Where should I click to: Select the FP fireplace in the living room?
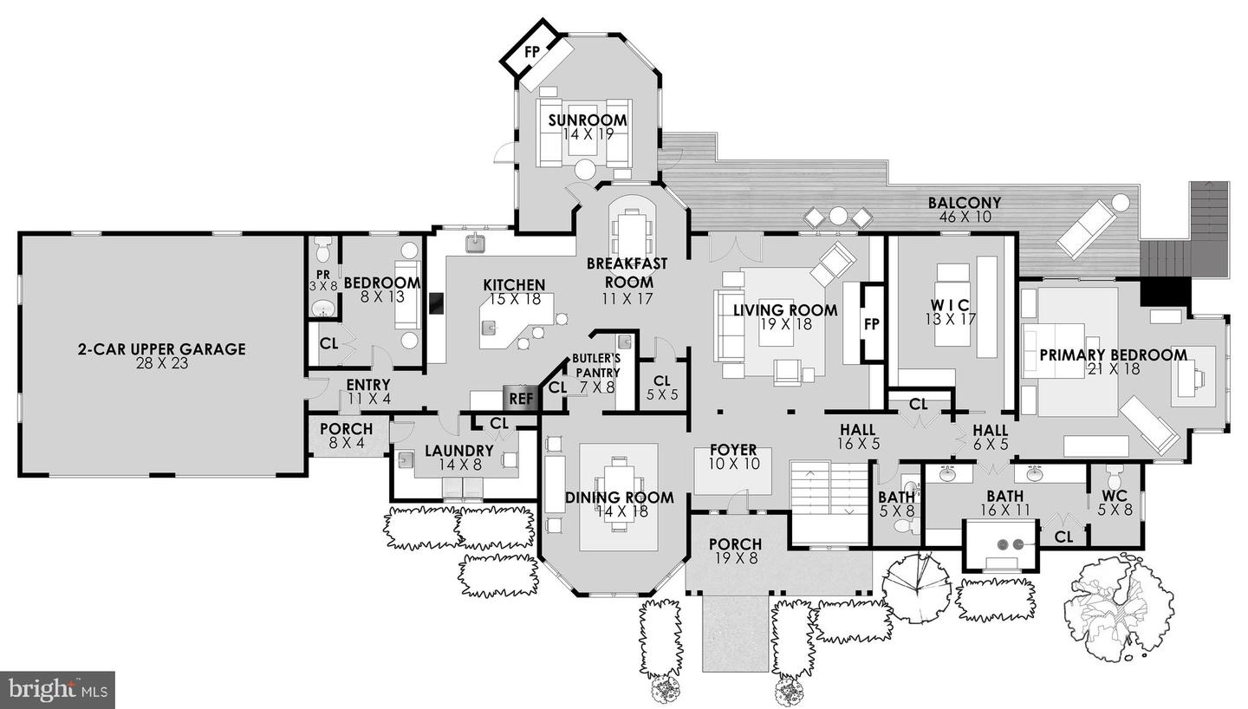click(x=872, y=324)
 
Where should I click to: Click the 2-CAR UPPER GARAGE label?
click(x=161, y=350)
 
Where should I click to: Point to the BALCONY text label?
click(x=965, y=203)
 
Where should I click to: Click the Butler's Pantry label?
click(x=595, y=366)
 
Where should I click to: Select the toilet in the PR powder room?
click(x=322, y=250)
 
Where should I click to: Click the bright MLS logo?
click(x=57, y=690)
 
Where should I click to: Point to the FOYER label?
click(x=733, y=451)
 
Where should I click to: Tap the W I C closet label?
click(x=952, y=305)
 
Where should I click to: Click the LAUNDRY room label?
click(x=458, y=452)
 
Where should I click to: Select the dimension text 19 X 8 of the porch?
click(x=735, y=558)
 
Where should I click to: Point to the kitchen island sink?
click(x=489, y=328)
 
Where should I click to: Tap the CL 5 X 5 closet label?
click(x=662, y=387)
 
